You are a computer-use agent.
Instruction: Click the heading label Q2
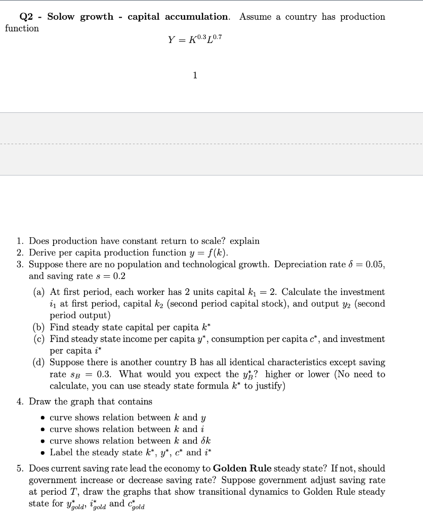pos(26,17)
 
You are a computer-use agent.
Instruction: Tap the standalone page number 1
pos(195,75)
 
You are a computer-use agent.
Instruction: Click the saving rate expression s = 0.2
pos(112,276)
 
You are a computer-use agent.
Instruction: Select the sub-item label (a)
pos(39,292)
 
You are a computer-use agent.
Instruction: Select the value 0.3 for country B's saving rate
pos(104,374)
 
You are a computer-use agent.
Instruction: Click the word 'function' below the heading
pos(22,28)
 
